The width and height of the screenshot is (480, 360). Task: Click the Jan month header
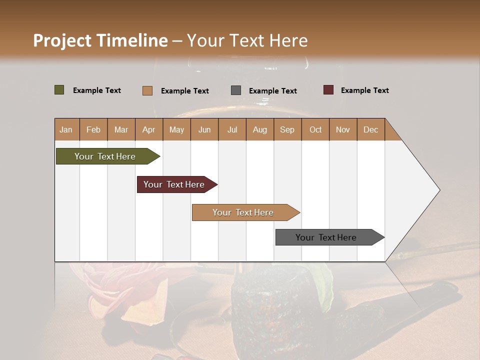(x=66, y=129)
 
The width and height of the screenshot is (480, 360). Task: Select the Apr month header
(x=148, y=129)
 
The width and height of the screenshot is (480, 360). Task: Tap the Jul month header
(x=232, y=129)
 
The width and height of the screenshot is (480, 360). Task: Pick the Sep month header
(x=287, y=129)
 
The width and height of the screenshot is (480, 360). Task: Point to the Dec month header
(x=370, y=129)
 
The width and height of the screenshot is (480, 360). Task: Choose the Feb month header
(x=93, y=129)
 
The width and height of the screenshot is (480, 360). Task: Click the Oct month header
(x=315, y=129)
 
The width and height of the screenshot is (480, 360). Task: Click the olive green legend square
(x=59, y=90)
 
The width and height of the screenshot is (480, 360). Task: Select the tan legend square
(x=147, y=90)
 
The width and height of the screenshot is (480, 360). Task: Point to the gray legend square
(x=235, y=90)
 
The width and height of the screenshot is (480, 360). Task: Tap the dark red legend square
(x=328, y=90)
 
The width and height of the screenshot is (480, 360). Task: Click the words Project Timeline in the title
(x=100, y=40)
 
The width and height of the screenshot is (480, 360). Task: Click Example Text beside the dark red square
(x=364, y=90)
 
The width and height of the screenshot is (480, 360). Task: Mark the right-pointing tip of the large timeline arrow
(x=438, y=190)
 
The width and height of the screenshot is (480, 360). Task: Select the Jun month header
(x=204, y=129)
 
